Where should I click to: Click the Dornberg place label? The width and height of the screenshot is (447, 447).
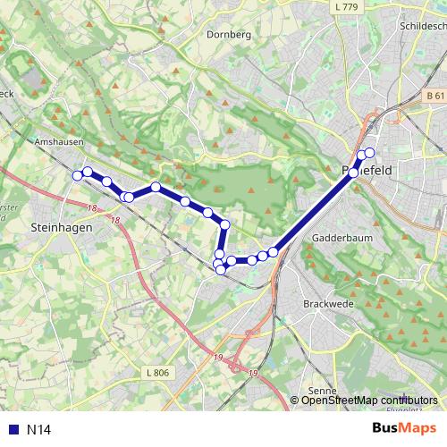pyautogui.click(x=229, y=35)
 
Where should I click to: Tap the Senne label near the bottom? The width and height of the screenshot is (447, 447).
pyautogui.click(x=321, y=391)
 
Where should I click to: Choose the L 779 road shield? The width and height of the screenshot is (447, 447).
pyautogui.click(x=344, y=8)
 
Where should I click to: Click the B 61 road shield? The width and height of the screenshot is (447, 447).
pyautogui.click(x=435, y=96)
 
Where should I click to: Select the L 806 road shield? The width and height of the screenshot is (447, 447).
pyautogui.click(x=155, y=372)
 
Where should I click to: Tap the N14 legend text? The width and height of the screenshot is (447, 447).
pyautogui.click(x=38, y=429)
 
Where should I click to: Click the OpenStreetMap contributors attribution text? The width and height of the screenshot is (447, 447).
pyautogui.click(x=364, y=400)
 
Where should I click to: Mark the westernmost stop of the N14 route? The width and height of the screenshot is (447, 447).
pyautogui.click(x=77, y=176)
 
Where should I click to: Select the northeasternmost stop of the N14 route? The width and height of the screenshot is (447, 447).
pyautogui.click(x=369, y=153)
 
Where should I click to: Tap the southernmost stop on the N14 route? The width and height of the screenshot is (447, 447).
pyautogui.click(x=221, y=269)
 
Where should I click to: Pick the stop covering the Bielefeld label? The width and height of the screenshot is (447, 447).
pyautogui.click(x=355, y=172)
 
